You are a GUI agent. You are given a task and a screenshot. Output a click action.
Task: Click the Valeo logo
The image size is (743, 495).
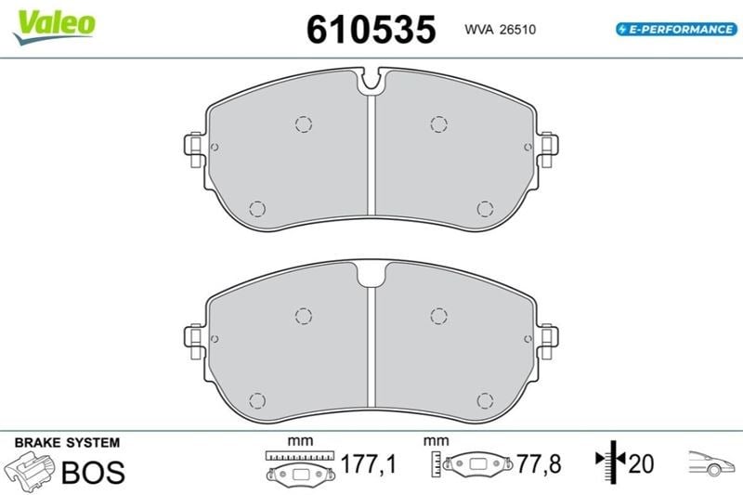point(54,27)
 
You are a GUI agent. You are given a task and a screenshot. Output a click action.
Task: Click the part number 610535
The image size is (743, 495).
point(371,30)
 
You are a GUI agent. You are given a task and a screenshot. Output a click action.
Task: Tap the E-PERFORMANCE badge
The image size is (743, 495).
point(677,30)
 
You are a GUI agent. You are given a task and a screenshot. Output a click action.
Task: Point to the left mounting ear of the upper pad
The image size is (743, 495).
point(194,150)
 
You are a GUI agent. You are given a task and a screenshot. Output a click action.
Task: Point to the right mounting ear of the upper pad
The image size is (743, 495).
point(548,150)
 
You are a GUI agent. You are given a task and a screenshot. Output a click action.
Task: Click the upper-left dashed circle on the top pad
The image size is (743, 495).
point(304,124)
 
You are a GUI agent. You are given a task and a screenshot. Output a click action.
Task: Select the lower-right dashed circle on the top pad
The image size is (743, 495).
point(485,209)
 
